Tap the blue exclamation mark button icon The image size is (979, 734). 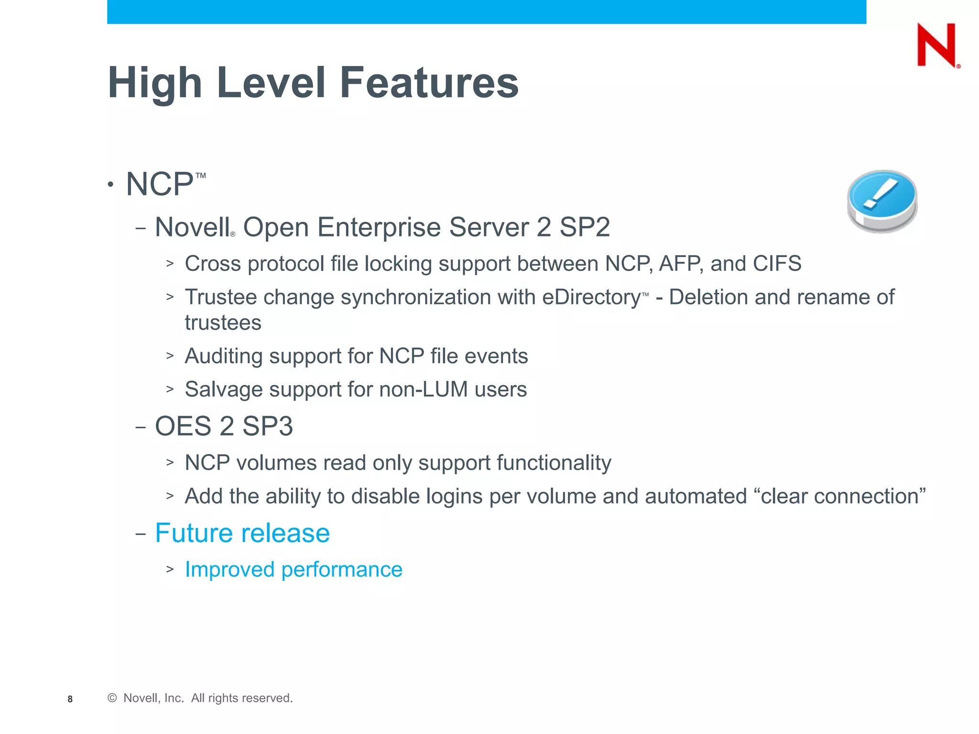(x=882, y=201)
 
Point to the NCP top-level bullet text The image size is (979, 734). (x=160, y=184)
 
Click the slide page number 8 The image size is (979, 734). (x=70, y=699)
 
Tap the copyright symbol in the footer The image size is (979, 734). (x=112, y=698)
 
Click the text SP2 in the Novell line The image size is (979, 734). (x=585, y=227)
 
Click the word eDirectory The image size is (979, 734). (x=591, y=297)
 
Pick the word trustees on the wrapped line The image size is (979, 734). (x=223, y=323)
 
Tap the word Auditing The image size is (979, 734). (x=223, y=356)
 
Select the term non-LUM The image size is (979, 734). (x=424, y=389)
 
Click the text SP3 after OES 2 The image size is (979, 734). (x=267, y=426)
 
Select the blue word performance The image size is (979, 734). (x=342, y=570)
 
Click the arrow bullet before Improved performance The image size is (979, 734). (x=170, y=570)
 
